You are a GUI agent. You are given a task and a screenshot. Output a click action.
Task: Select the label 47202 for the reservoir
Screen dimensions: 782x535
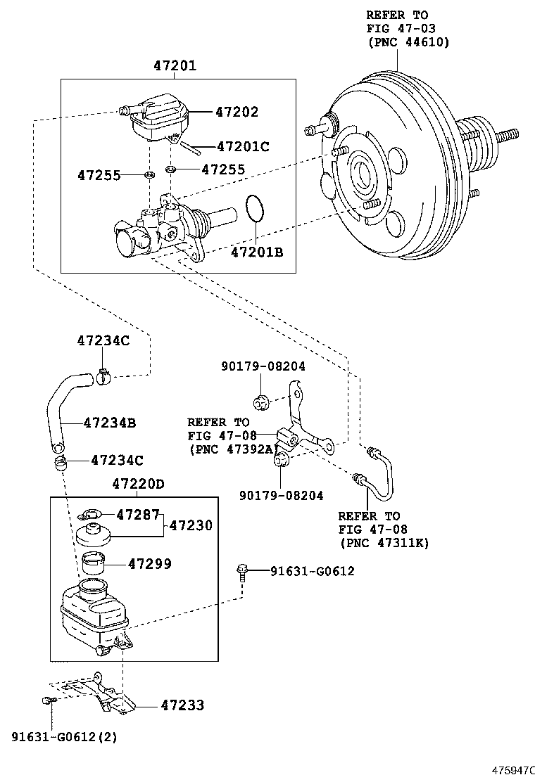pos(237,112)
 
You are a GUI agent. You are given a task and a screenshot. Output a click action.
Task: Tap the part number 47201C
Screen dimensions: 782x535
pos(244,147)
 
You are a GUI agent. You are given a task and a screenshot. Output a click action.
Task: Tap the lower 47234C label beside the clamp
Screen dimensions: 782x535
pos(117,461)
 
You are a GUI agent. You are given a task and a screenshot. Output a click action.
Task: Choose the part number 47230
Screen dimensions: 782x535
pos(190,525)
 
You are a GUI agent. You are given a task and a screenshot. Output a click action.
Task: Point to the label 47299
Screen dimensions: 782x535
pos(149,564)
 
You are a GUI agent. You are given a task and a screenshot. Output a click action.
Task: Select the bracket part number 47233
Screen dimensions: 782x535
pos(182,705)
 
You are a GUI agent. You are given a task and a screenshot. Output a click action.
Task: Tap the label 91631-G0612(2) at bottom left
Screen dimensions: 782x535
pos(64,737)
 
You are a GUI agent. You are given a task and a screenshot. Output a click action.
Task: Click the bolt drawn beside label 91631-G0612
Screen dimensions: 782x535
pos(242,571)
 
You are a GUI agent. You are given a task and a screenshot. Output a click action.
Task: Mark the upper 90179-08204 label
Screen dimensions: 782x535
pos(263,366)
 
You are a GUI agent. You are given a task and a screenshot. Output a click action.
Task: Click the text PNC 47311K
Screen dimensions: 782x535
pos(384,542)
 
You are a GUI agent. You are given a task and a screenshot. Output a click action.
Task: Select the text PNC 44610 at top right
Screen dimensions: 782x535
pos(408,41)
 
